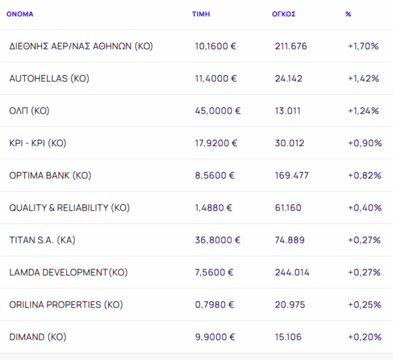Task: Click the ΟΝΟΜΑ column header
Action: [x=20, y=14]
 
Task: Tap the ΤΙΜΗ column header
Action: [x=200, y=14]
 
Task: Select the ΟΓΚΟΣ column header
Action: [x=283, y=14]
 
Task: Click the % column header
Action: [x=348, y=14]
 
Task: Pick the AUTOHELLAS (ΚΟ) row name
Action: [x=49, y=79]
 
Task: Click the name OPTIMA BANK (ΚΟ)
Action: [x=50, y=176]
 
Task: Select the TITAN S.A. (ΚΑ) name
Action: [x=43, y=240]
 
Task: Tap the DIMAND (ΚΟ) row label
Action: [x=38, y=337]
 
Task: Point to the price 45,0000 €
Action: [x=218, y=111]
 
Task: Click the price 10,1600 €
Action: [x=216, y=47]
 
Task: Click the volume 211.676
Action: [x=291, y=47]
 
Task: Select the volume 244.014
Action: [x=292, y=272]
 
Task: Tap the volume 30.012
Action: [x=289, y=143]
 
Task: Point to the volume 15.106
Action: [x=288, y=337]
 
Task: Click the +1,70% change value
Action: [x=364, y=47]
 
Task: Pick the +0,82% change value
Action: [x=364, y=176]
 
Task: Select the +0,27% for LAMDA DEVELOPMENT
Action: [x=364, y=272]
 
